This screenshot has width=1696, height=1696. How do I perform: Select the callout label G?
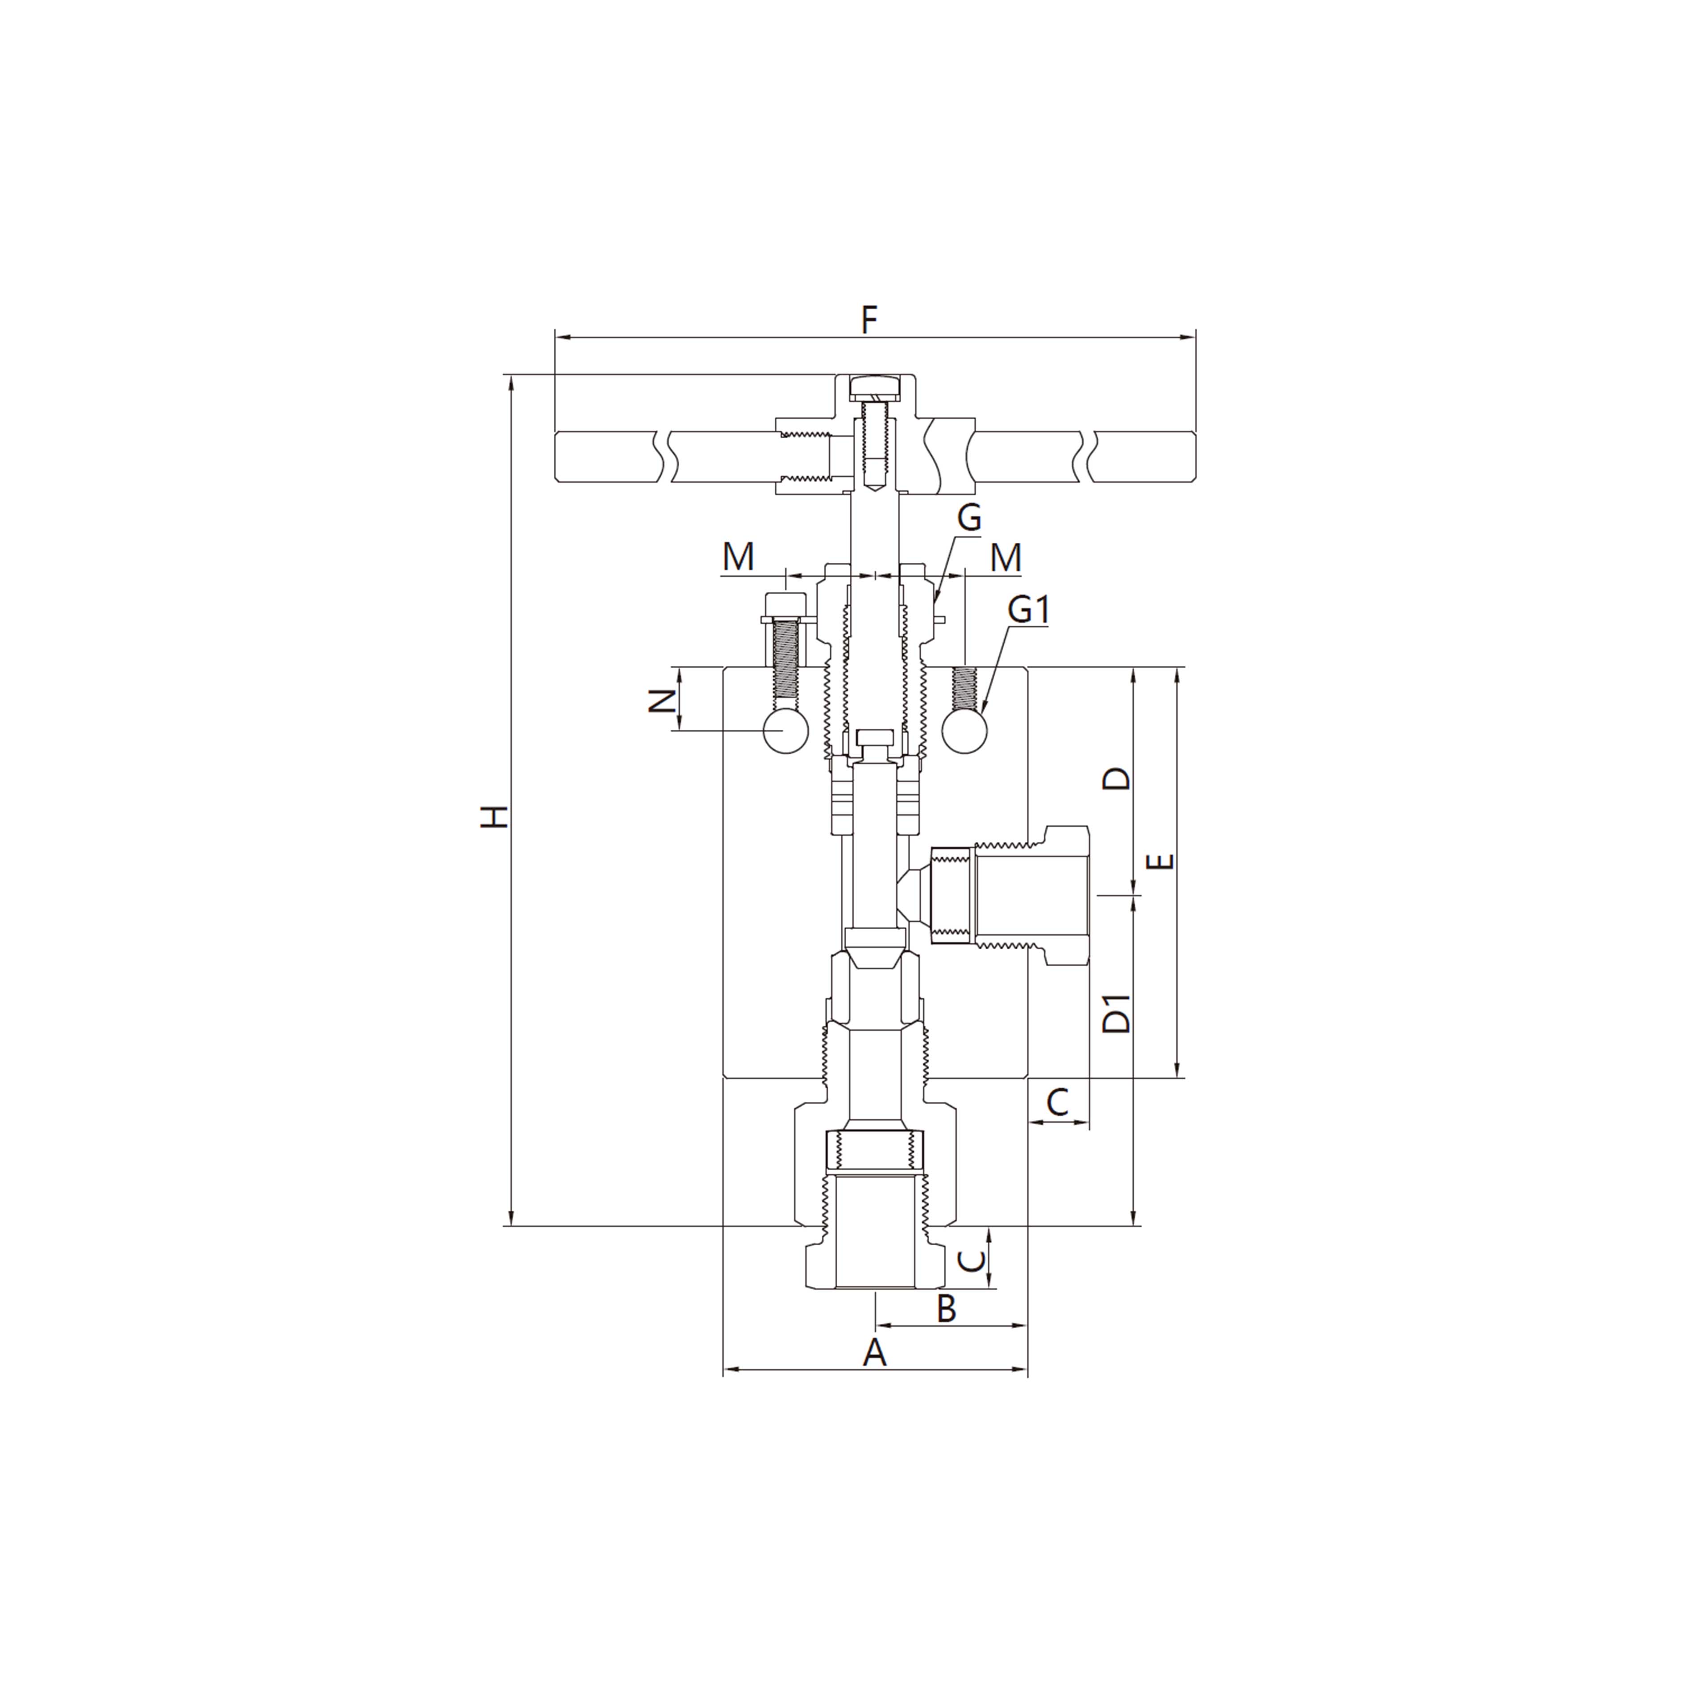[968, 518]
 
